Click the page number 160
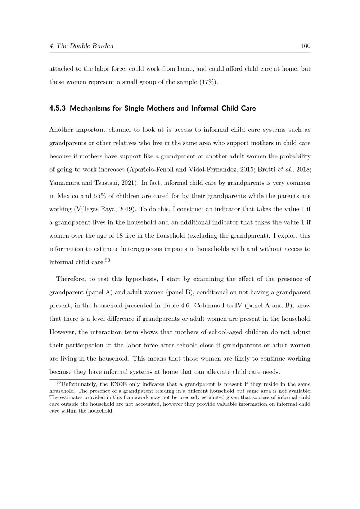305,46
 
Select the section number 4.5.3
57,108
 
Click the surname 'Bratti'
267,170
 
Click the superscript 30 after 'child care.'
108,260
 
